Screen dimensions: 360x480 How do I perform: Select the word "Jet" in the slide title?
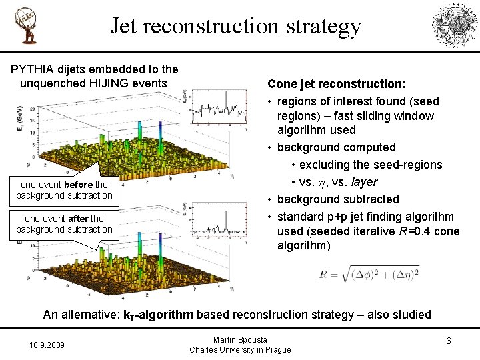click(123, 26)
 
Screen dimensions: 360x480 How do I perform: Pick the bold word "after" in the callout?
click(79, 218)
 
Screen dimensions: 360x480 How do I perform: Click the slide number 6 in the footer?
click(449, 341)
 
